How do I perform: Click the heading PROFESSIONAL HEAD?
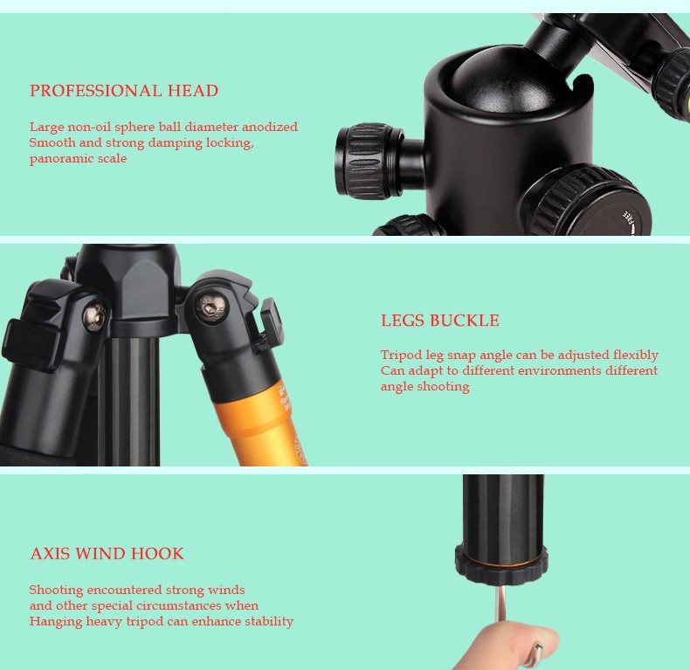124,91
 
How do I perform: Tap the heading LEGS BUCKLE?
440,321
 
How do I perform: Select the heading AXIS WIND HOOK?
107,553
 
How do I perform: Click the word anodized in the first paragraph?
270,127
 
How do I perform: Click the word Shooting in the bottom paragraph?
56,591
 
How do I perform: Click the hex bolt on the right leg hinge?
211,307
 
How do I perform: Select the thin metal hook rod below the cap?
500,604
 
